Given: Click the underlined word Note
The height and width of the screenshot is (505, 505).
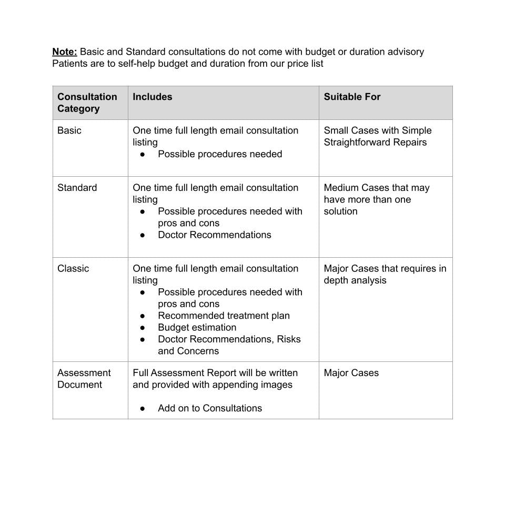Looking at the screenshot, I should pos(65,52).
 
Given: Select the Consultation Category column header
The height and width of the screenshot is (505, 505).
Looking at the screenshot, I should pos(87,103).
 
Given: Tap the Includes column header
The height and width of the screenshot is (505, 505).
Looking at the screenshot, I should pos(153,97).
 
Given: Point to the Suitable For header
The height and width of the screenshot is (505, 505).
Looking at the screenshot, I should pos(352,97).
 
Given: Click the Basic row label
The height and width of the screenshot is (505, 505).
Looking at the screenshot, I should pos(69,130).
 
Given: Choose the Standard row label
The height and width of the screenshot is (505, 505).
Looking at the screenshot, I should pos(77,188).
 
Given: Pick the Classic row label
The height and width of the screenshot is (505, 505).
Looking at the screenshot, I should pos(73,268).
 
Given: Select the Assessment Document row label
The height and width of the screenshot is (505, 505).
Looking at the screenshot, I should pos(84,379).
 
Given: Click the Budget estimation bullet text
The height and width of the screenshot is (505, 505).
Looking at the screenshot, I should pos(197,327).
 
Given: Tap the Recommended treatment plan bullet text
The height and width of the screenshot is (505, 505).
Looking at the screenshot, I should pos(224,316).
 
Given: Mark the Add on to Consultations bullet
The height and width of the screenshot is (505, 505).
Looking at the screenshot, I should pos(209,408).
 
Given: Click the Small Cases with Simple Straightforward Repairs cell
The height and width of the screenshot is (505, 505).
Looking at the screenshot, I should pos(377,136).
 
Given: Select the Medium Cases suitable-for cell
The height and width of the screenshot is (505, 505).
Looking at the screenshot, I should pos(376,199).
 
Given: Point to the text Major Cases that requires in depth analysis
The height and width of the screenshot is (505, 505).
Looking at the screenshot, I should pos(385,274).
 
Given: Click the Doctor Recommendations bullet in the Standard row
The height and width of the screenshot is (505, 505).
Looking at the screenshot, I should pos(214,235).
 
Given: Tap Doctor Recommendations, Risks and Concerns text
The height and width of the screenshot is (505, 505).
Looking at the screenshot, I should pos(229,345).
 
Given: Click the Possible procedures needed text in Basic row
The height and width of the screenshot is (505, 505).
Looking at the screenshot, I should pos(220,154).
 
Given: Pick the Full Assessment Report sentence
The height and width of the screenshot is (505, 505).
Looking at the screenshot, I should pos(215,379).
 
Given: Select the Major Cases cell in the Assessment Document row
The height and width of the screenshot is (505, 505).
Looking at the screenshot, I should pos(351,373).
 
